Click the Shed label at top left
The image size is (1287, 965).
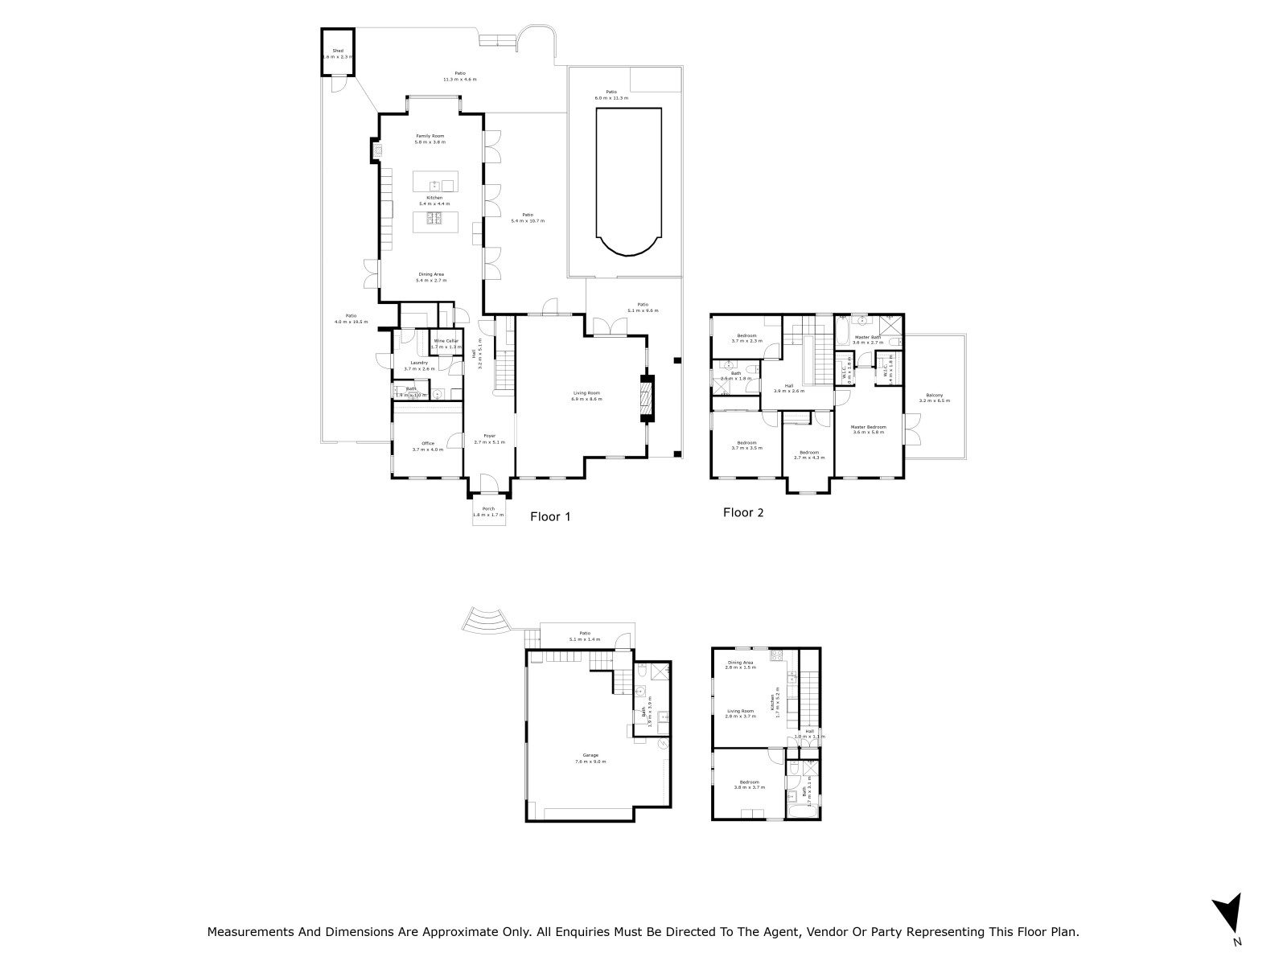(338, 53)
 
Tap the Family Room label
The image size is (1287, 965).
(430, 138)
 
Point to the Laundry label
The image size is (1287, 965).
(418, 365)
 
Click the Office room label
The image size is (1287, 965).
(428, 446)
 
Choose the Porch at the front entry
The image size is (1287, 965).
(488, 511)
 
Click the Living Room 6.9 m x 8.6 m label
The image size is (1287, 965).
(586, 396)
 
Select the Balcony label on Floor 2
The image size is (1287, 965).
(934, 397)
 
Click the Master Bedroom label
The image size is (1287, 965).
(870, 429)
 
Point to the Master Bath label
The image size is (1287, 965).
(869, 339)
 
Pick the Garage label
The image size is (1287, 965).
(590, 758)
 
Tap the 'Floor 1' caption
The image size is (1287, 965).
(550, 517)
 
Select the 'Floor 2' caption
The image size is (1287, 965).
(742, 512)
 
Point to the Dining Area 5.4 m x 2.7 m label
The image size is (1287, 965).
(430, 277)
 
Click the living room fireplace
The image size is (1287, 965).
(648, 398)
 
